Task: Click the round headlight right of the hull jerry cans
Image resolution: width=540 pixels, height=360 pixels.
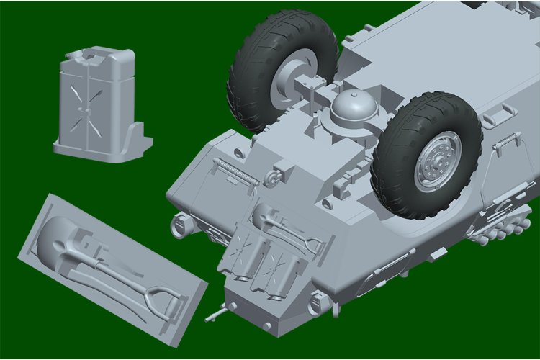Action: [x=317, y=303]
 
